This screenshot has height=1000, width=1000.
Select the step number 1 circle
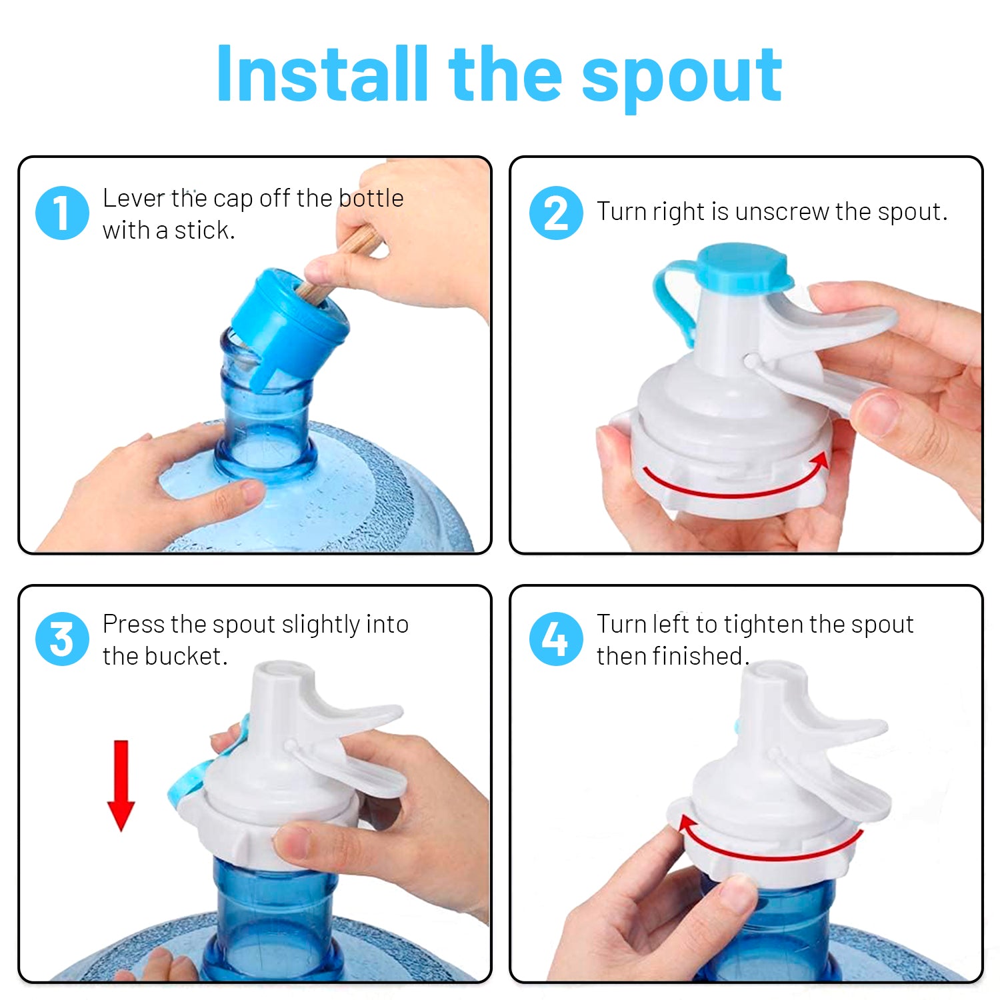pos(62,213)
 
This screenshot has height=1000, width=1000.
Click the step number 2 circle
pos(556,213)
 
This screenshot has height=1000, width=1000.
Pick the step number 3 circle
pos(62,639)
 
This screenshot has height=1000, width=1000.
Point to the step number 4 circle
pos(556,639)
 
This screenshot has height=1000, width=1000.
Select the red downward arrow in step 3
pos(121,785)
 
